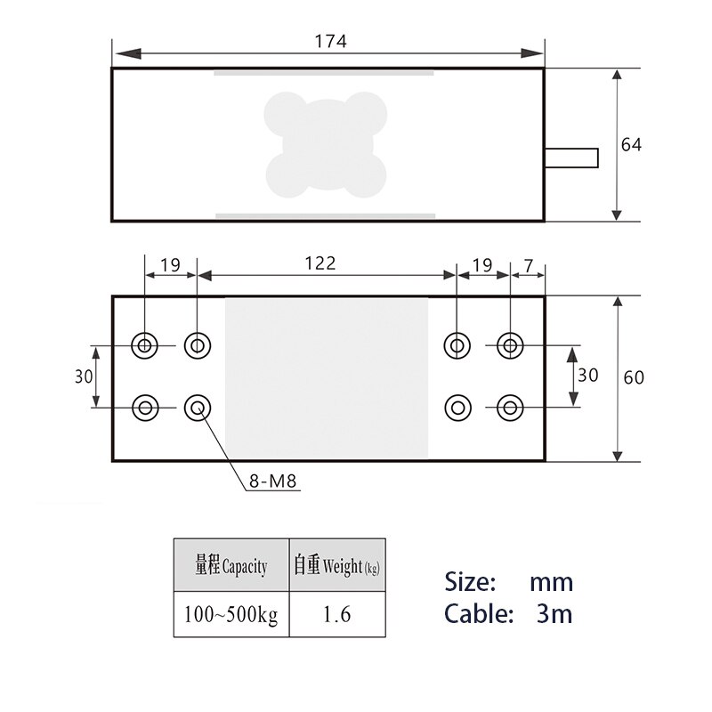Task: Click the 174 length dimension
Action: pyautogui.click(x=330, y=41)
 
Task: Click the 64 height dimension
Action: pyautogui.click(x=631, y=144)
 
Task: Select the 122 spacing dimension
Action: pyautogui.click(x=320, y=263)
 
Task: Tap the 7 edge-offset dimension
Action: pyautogui.click(x=529, y=264)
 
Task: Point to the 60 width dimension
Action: pyautogui.click(x=634, y=377)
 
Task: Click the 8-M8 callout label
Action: pyautogui.click(x=273, y=484)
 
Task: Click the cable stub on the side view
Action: pyautogui.click(x=571, y=158)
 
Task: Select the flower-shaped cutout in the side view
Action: pyautogui.click(x=327, y=144)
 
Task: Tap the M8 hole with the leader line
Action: pyautogui.click(x=197, y=409)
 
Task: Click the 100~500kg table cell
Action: pyautogui.click(x=231, y=614)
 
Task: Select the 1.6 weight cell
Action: pyautogui.click(x=337, y=614)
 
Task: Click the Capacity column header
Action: pyautogui.click(x=231, y=566)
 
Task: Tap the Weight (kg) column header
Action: pyautogui.click(x=337, y=566)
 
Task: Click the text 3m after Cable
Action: pyautogui.click(x=554, y=613)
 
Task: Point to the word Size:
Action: pyautogui.click(x=470, y=583)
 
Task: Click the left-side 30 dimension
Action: pyautogui.click(x=84, y=376)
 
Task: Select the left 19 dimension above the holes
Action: pyautogui.click(x=170, y=264)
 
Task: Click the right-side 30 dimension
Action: pyautogui.click(x=588, y=375)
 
